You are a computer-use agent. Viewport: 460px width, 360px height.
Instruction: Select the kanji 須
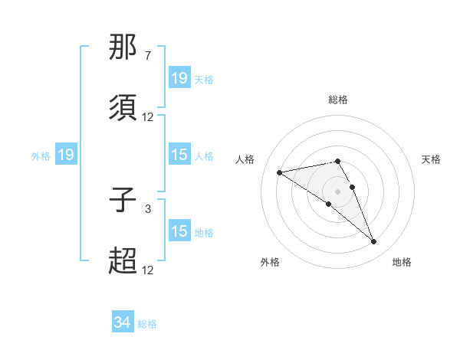[x=123, y=108]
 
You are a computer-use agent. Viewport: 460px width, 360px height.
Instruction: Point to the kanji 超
[x=123, y=261]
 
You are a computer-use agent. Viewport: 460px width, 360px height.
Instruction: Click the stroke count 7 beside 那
[x=147, y=56]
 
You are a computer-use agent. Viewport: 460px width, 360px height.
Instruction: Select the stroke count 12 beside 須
[x=147, y=117]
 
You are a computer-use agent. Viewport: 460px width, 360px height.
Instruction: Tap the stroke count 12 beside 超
[x=147, y=270]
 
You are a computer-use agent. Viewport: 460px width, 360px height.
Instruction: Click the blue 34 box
[x=123, y=323]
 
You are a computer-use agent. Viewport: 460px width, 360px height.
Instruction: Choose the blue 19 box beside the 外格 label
[x=66, y=155]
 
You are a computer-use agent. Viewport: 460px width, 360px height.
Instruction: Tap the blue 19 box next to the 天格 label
[x=179, y=78]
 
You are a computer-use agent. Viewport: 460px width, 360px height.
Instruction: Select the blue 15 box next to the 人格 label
[x=179, y=155]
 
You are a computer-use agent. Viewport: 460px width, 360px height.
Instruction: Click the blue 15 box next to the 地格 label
[x=179, y=231]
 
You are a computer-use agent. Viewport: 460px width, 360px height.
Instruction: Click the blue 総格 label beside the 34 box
[x=147, y=324]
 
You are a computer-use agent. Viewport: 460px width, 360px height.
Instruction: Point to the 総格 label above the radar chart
[x=337, y=100]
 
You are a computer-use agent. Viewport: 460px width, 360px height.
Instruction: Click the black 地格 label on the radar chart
[x=402, y=262]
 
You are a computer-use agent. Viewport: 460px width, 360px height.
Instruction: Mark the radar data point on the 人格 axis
[x=280, y=172]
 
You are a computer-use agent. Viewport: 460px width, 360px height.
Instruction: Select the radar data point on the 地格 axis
[x=373, y=242]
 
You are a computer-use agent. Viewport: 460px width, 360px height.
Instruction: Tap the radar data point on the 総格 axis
[x=337, y=161]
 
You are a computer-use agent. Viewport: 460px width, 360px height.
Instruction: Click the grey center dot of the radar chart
[x=337, y=191]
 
